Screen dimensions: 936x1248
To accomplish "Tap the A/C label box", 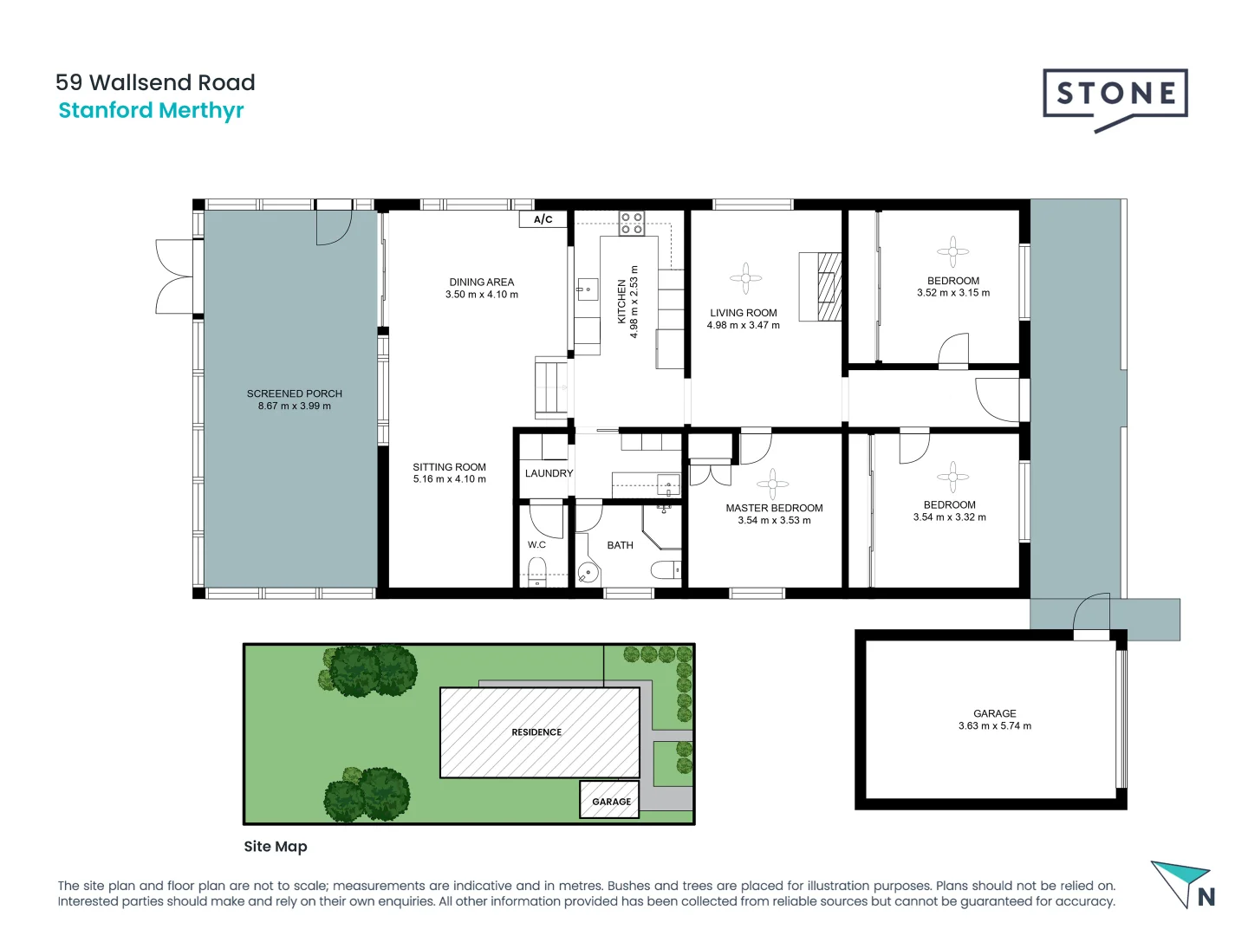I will tap(543, 219).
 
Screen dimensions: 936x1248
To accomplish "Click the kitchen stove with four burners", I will tap(631, 223).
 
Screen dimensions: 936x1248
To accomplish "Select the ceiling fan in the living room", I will tap(745, 278).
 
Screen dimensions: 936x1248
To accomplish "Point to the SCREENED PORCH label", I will tap(294, 393).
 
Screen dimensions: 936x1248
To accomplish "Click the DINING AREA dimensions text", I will tap(481, 295).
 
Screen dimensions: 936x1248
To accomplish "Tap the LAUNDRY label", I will tap(549, 473).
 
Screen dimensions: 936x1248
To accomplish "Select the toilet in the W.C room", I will tap(537, 572).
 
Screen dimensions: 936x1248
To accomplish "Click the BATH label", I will tap(620, 545).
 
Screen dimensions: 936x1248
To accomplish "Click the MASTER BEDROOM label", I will tap(774, 508).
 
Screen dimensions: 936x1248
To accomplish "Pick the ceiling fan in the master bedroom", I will tap(772, 484).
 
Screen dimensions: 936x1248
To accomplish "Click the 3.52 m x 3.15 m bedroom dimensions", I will tap(952, 293).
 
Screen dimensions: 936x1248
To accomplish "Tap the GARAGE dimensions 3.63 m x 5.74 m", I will tap(994, 726).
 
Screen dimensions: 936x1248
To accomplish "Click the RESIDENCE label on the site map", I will tap(536, 732).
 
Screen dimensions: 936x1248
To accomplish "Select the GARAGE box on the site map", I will tap(610, 801).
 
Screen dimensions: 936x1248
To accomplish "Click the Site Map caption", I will tap(276, 847).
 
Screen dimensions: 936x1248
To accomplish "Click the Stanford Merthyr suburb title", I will tap(151, 111).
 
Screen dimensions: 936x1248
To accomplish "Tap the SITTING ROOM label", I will tap(449, 467).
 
